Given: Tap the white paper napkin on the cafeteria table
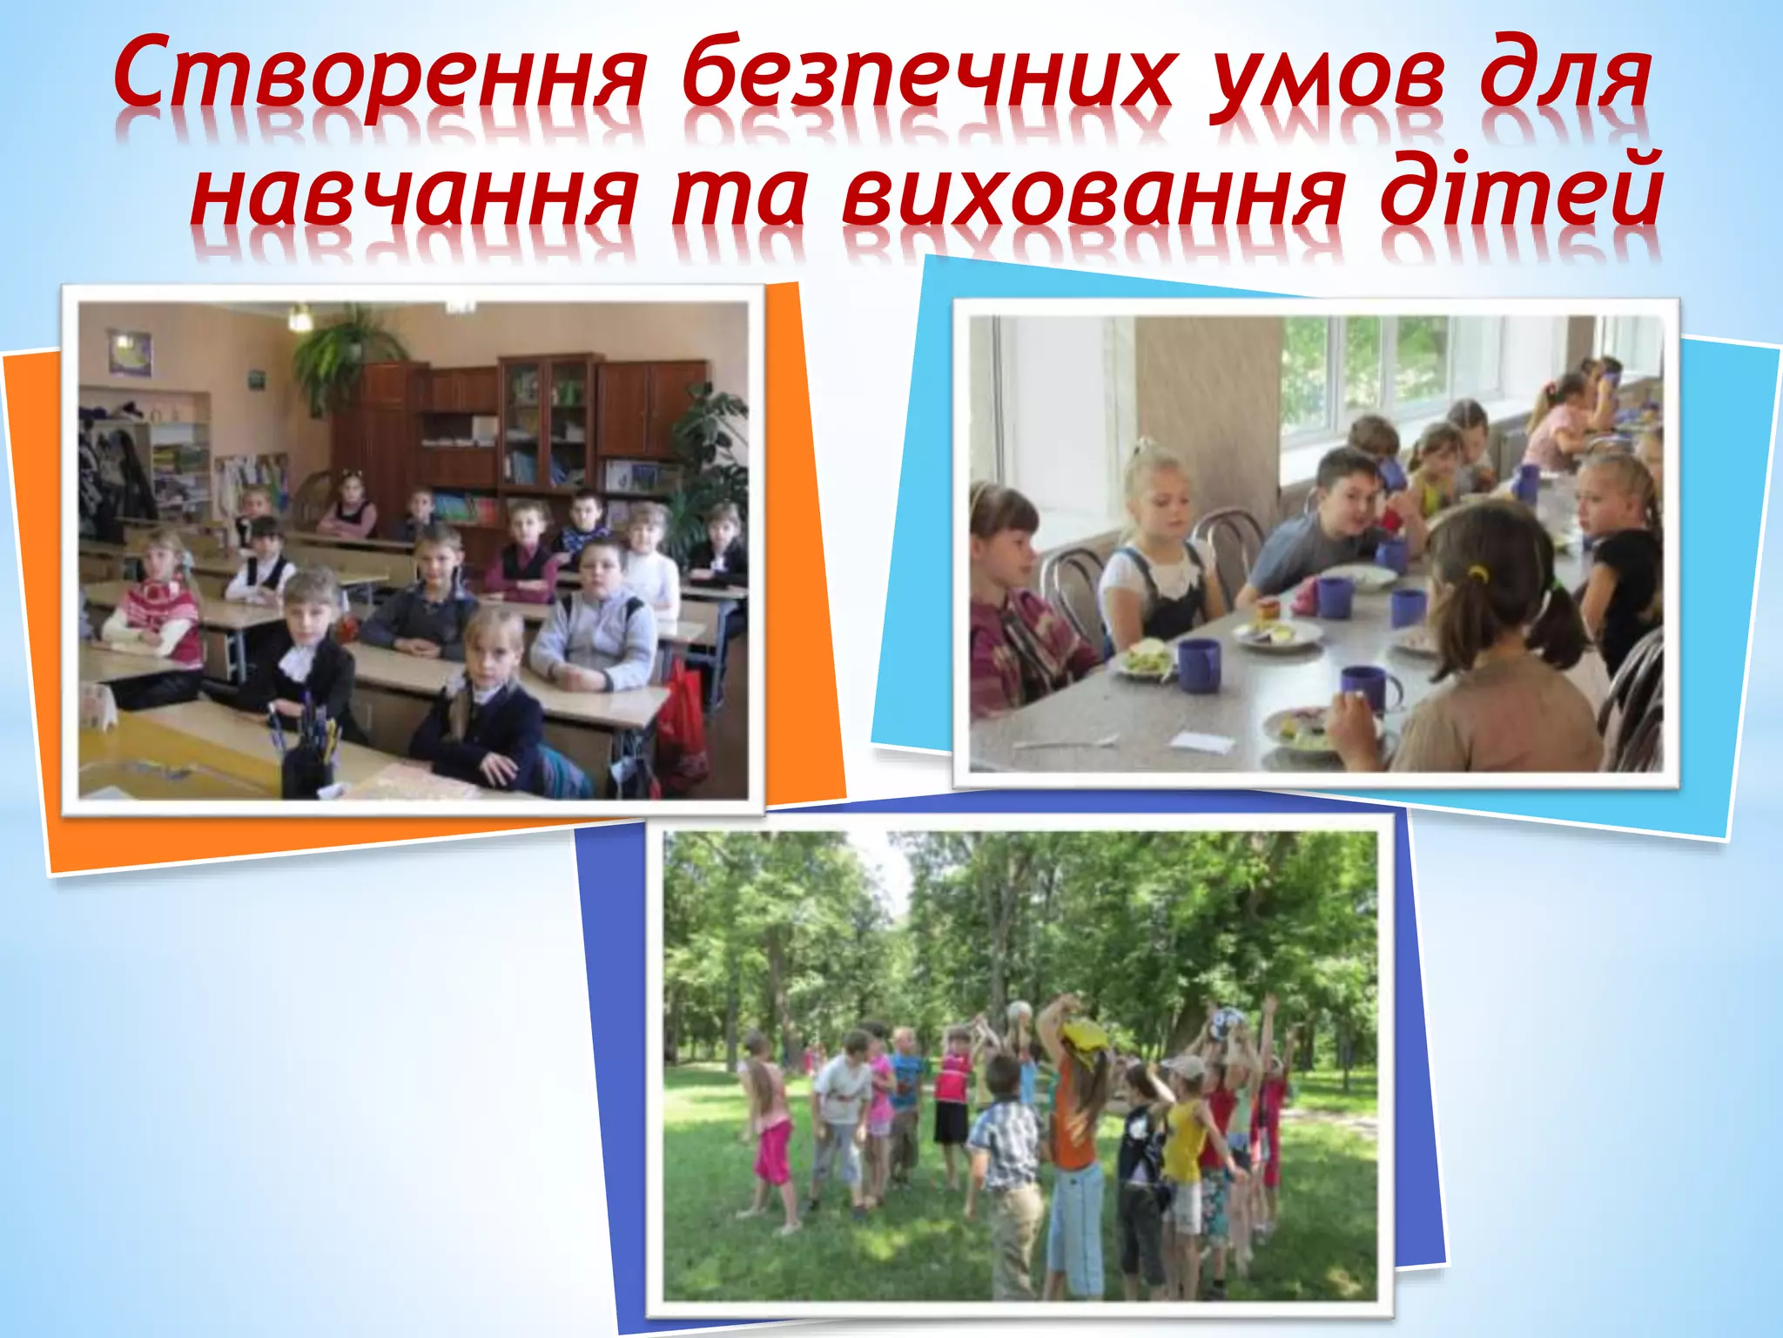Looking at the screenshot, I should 1202,742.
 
